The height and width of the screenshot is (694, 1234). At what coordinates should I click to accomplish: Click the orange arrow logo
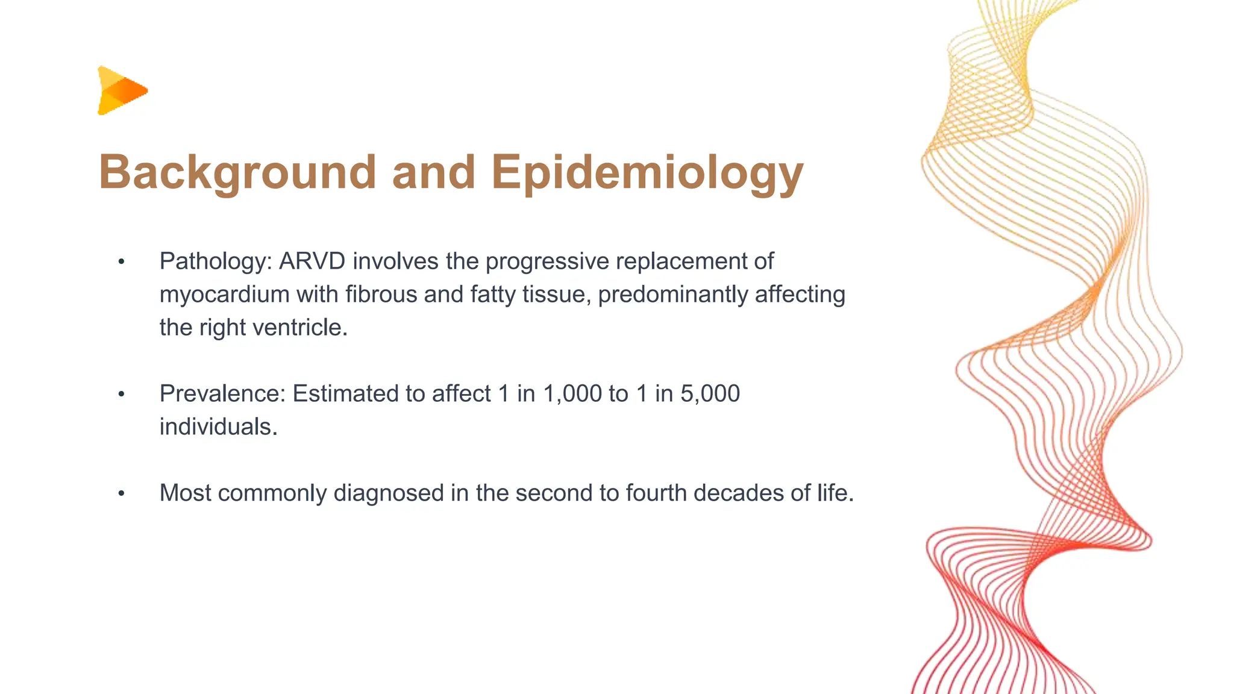122,90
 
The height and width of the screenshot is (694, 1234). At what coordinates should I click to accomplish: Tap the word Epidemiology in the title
647,173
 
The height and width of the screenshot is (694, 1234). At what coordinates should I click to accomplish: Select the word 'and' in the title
433,173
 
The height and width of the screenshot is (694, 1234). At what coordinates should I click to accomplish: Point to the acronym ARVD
312,261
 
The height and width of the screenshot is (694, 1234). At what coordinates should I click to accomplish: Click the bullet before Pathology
121,262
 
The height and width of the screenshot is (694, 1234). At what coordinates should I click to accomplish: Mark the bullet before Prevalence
121,395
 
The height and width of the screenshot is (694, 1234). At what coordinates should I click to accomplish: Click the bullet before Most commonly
121,494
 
